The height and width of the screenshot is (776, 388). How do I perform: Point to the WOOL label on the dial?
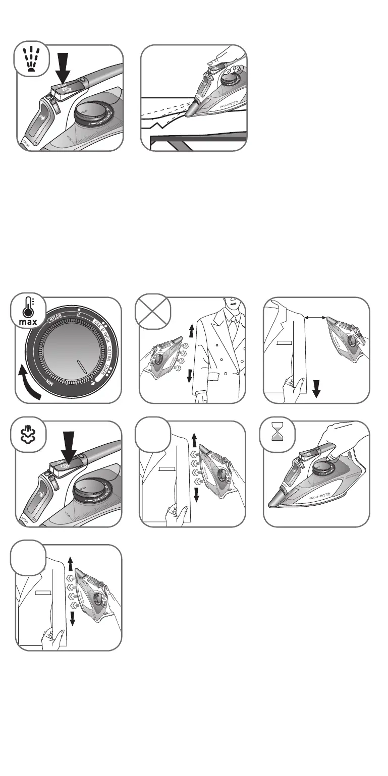coord(107,337)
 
